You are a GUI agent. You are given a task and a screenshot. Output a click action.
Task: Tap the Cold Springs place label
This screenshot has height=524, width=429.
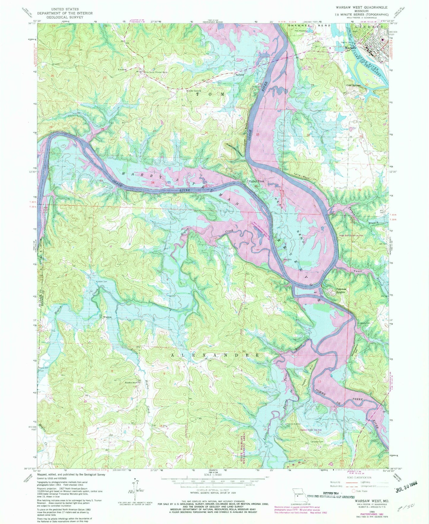(x=354, y=85)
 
